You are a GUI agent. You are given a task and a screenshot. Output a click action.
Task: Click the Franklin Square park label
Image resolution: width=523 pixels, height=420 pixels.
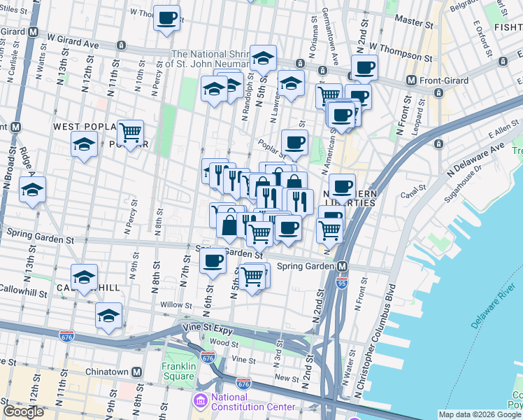click(178, 370)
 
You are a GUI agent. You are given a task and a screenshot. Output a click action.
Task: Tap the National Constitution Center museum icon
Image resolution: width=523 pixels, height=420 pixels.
click(199, 401)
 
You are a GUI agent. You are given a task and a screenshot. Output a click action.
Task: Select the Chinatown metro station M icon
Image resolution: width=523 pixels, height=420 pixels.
click(137, 372)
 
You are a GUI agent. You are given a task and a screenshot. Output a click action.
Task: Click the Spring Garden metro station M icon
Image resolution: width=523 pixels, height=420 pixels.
click(343, 267)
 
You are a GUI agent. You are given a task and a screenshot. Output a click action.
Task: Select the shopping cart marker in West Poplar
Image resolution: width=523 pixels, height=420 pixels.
click(130, 132)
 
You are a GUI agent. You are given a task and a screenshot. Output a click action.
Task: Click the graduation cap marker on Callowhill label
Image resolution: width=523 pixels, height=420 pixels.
click(84, 276)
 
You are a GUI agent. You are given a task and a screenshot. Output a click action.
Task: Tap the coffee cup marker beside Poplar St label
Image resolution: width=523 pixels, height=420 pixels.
click(294, 142)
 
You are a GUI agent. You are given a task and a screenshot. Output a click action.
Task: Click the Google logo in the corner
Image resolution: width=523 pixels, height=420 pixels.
click(24, 412)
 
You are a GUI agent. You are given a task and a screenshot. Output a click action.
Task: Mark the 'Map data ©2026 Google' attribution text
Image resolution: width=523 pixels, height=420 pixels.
click(480, 414)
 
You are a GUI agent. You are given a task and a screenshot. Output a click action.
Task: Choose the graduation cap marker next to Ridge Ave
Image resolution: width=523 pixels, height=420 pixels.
click(32, 189)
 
